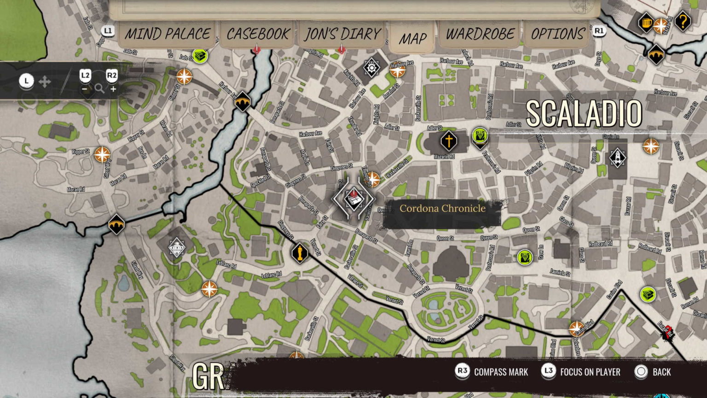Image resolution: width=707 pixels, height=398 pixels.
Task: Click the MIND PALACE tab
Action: point(168,34)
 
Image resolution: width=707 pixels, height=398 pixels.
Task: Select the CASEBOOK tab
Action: point(258,34)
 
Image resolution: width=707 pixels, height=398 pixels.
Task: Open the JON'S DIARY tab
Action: point(342,34)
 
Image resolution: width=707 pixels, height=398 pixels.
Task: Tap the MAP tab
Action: point(412,39)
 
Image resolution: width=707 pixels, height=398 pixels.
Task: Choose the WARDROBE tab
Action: point(480,34)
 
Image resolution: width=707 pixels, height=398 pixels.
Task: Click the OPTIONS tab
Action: point(557,34)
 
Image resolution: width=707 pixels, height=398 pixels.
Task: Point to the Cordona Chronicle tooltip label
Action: point(442,209)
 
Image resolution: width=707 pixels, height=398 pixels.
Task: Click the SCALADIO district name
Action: point(584,113)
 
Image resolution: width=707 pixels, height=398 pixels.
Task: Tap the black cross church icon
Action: point(448,140)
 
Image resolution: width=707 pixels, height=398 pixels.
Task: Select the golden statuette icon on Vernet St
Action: point(300,252)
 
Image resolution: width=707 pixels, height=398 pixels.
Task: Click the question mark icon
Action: point(683,21)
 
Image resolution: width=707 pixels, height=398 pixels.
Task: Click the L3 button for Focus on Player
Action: point(548,372)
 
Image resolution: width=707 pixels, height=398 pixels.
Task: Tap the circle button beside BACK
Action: point(641,372)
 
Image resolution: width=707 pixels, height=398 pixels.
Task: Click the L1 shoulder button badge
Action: point(108,31)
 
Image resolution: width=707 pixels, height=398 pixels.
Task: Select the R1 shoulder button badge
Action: point(598,31)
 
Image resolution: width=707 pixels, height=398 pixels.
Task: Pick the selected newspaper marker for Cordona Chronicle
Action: point(353,199)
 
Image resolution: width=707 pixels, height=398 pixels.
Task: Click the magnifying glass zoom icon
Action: point(99,89)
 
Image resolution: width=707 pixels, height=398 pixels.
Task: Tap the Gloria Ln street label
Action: point(610,137)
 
